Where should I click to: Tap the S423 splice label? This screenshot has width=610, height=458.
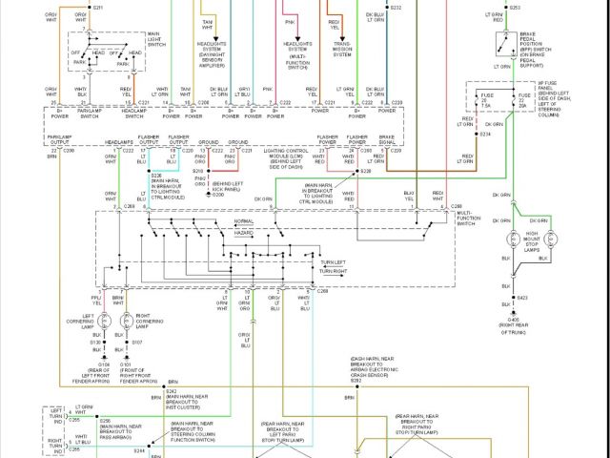click(522, 298)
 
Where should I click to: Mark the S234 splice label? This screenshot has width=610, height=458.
click(485, 134)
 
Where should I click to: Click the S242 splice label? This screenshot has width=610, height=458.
click(172, 391)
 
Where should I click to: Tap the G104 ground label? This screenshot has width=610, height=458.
click(99, 364)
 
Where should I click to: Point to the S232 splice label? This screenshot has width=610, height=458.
click(396, 7)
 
